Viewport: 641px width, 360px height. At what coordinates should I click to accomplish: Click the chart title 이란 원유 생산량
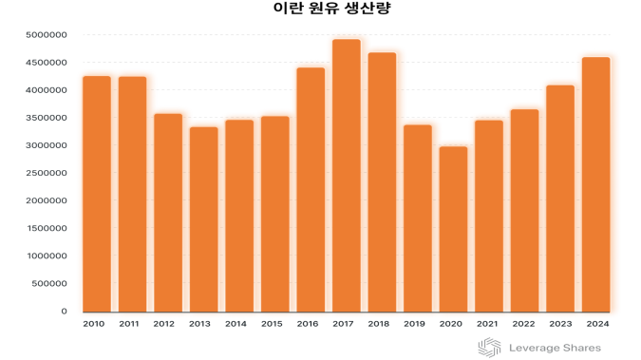click(x=318, y=10)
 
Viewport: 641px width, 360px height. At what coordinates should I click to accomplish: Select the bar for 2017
click(x=347, y=176)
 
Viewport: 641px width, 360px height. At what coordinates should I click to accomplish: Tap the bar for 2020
click(x=453, y=229)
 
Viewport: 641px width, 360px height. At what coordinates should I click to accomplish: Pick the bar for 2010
click(x=97, y=194)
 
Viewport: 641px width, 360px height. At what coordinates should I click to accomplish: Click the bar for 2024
click(x=595, y=184)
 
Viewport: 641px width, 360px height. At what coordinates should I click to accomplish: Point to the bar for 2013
click(x=203, y=219)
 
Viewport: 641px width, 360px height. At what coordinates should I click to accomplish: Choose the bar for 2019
click(x=418, y=218)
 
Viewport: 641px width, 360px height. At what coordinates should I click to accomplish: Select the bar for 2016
click(x=311, y=190)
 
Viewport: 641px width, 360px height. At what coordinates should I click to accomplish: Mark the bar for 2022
click(x=524, y=211)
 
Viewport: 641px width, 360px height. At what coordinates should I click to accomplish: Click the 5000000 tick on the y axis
click(x=47, y=35)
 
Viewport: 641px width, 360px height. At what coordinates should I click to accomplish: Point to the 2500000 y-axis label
click(x=47, y=173)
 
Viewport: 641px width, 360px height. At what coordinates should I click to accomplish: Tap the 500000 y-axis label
click(x=49, y=284)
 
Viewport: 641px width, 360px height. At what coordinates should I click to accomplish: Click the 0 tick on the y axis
click(x=65, y=312)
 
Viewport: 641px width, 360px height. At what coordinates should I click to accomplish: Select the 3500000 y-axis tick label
click(x=47, y=118)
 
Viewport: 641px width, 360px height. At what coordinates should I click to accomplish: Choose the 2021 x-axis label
click(x=488, y=325)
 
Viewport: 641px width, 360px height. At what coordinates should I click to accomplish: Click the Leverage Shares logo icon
click(x=489, y=348)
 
